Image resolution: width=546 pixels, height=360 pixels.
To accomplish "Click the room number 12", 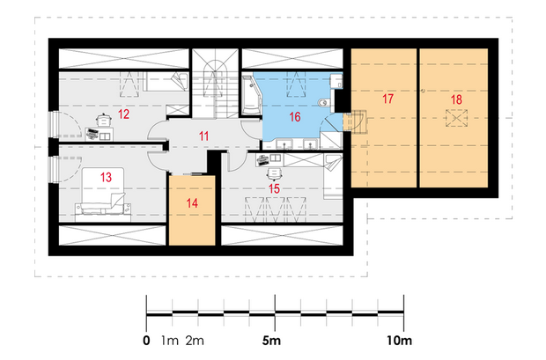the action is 123,114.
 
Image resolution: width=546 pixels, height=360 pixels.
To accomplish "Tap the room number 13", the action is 106,177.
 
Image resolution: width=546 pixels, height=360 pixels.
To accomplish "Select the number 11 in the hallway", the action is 204,136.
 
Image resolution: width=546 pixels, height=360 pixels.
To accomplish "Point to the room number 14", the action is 192,203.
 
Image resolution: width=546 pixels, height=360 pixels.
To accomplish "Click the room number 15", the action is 274,188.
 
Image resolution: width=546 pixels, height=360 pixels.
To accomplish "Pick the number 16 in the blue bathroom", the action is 295,117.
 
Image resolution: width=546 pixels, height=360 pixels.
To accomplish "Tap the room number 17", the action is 387,99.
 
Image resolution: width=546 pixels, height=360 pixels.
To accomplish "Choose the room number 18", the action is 456,99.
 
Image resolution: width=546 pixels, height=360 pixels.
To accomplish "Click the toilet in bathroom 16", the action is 324,102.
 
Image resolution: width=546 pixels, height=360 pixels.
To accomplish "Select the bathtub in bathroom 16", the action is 251,95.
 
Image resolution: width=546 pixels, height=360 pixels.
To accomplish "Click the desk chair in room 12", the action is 104,120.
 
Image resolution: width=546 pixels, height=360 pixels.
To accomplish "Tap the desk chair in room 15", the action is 274,173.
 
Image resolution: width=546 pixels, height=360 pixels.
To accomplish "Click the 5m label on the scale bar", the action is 271,340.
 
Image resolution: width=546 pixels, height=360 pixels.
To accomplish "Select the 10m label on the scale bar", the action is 400,340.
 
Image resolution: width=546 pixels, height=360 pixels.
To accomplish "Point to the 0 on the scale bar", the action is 146,340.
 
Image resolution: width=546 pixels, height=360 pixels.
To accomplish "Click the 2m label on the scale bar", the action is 195,340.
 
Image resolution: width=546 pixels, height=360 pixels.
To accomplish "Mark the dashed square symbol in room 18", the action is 456,118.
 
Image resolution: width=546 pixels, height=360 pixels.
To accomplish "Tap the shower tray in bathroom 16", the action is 331,141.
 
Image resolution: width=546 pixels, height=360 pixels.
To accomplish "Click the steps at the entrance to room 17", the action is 355,121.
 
